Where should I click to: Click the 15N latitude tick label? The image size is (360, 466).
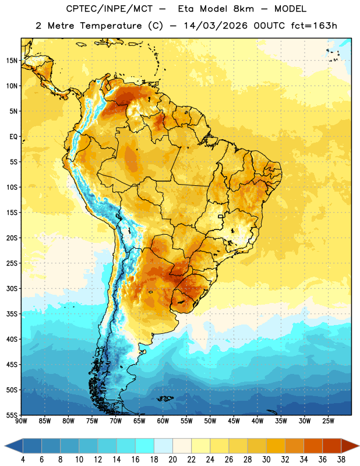click(12, 61)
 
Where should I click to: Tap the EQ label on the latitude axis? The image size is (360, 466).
click(13, 137)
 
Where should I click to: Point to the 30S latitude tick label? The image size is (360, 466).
click(12, 288)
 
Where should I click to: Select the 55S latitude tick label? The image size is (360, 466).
click(12, 415)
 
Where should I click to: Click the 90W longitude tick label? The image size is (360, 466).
click(21, 421)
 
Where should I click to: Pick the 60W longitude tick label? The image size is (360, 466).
click(163, 421)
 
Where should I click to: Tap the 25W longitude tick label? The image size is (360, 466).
click(328, 421)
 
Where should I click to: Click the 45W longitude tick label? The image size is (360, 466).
click(234, 421)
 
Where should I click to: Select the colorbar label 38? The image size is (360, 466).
click(341, 460)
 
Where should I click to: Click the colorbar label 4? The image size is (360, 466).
click(23, 460)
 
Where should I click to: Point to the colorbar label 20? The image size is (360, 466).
click(172, 460)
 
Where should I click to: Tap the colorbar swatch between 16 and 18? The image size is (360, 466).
click(144, 446)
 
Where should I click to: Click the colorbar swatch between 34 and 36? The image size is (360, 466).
click(313, 446)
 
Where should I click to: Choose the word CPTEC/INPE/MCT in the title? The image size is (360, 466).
click(110, 9)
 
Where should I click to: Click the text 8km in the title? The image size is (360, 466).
click(243, 9)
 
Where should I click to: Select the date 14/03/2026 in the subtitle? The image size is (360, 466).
click(216, 26)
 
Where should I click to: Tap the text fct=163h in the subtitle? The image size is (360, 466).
click(314, 26)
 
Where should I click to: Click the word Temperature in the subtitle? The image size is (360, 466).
click(111, 26)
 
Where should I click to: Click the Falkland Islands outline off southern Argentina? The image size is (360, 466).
click(165, 398)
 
